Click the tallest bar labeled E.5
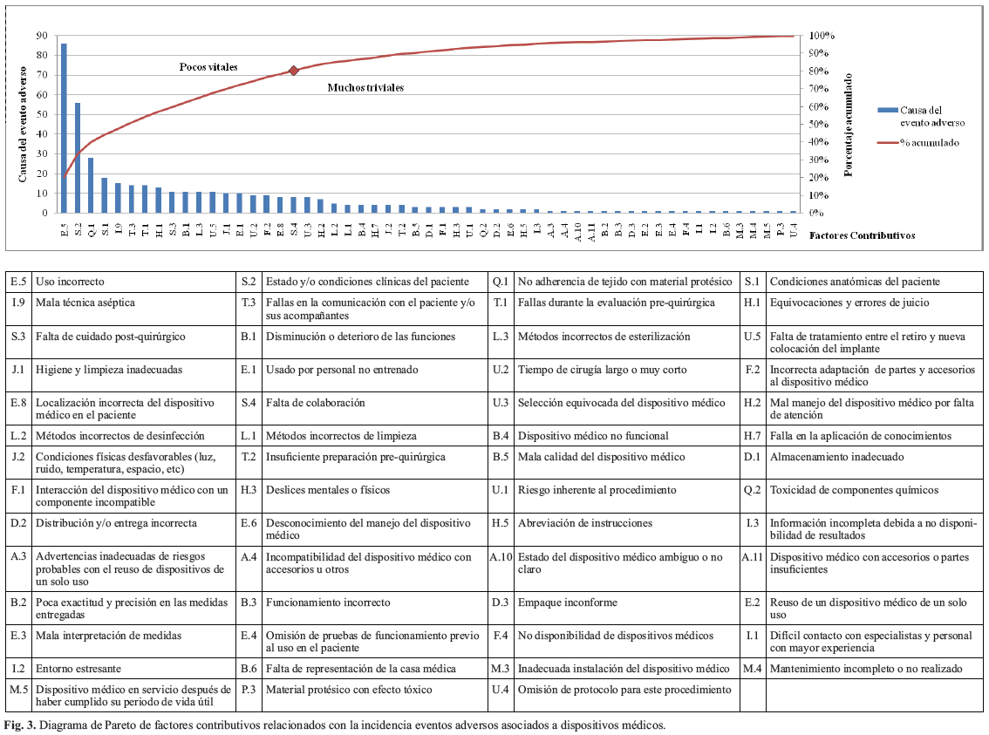coord(64,127)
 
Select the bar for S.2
coord(78,157)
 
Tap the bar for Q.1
coord(91,185)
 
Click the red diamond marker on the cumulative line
coord(294,71)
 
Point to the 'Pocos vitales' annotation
coord(208,67)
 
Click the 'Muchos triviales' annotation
coord(365,88)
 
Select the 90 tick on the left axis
coord(42,36)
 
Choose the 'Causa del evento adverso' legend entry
coord(932,116)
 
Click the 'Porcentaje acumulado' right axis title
coord(849,125)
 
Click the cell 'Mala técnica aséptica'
coord(85,303)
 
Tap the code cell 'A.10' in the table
coord(501,557)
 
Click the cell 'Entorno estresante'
coord(78,669)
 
